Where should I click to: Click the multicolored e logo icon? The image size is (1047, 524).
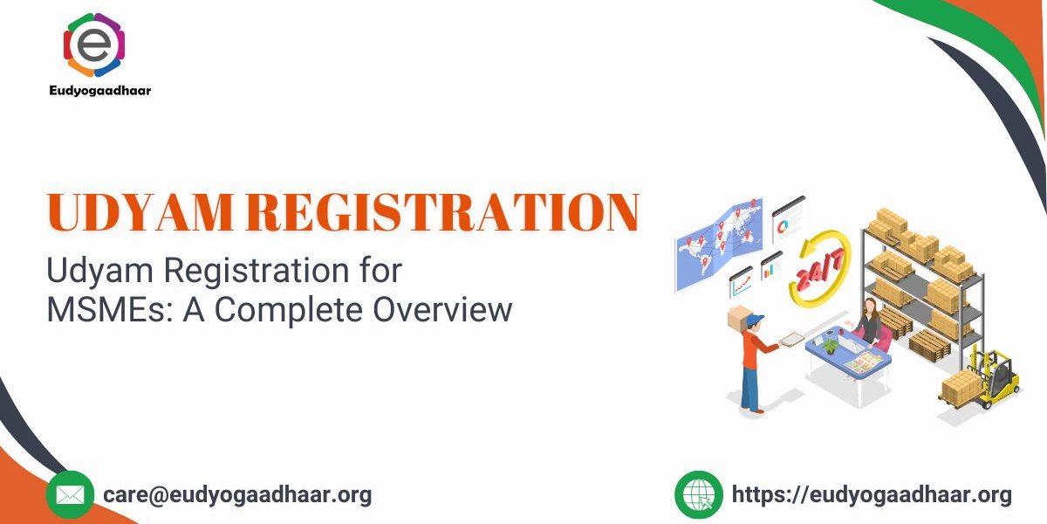(x=94, y=45)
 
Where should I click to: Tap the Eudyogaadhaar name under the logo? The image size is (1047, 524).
(x=100, y=90)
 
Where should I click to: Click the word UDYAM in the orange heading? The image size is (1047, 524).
(x=140, y=212)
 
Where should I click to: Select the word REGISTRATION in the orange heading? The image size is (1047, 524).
(x=442, y=212)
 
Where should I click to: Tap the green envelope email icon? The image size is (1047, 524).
(x=70, y=495)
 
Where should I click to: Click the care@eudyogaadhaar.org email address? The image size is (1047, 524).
(x=237, y=495)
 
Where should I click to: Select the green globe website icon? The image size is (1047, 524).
(x=699, y=495)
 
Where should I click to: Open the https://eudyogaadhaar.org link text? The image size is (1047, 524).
(x=872, y=495)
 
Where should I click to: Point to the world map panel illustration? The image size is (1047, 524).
(x=719, y=244)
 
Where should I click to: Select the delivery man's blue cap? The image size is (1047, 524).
(x=754, y=320)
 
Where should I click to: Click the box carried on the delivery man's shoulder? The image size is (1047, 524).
(x=738, y=318)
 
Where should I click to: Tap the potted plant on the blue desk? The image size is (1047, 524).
(x=830, y=346)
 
